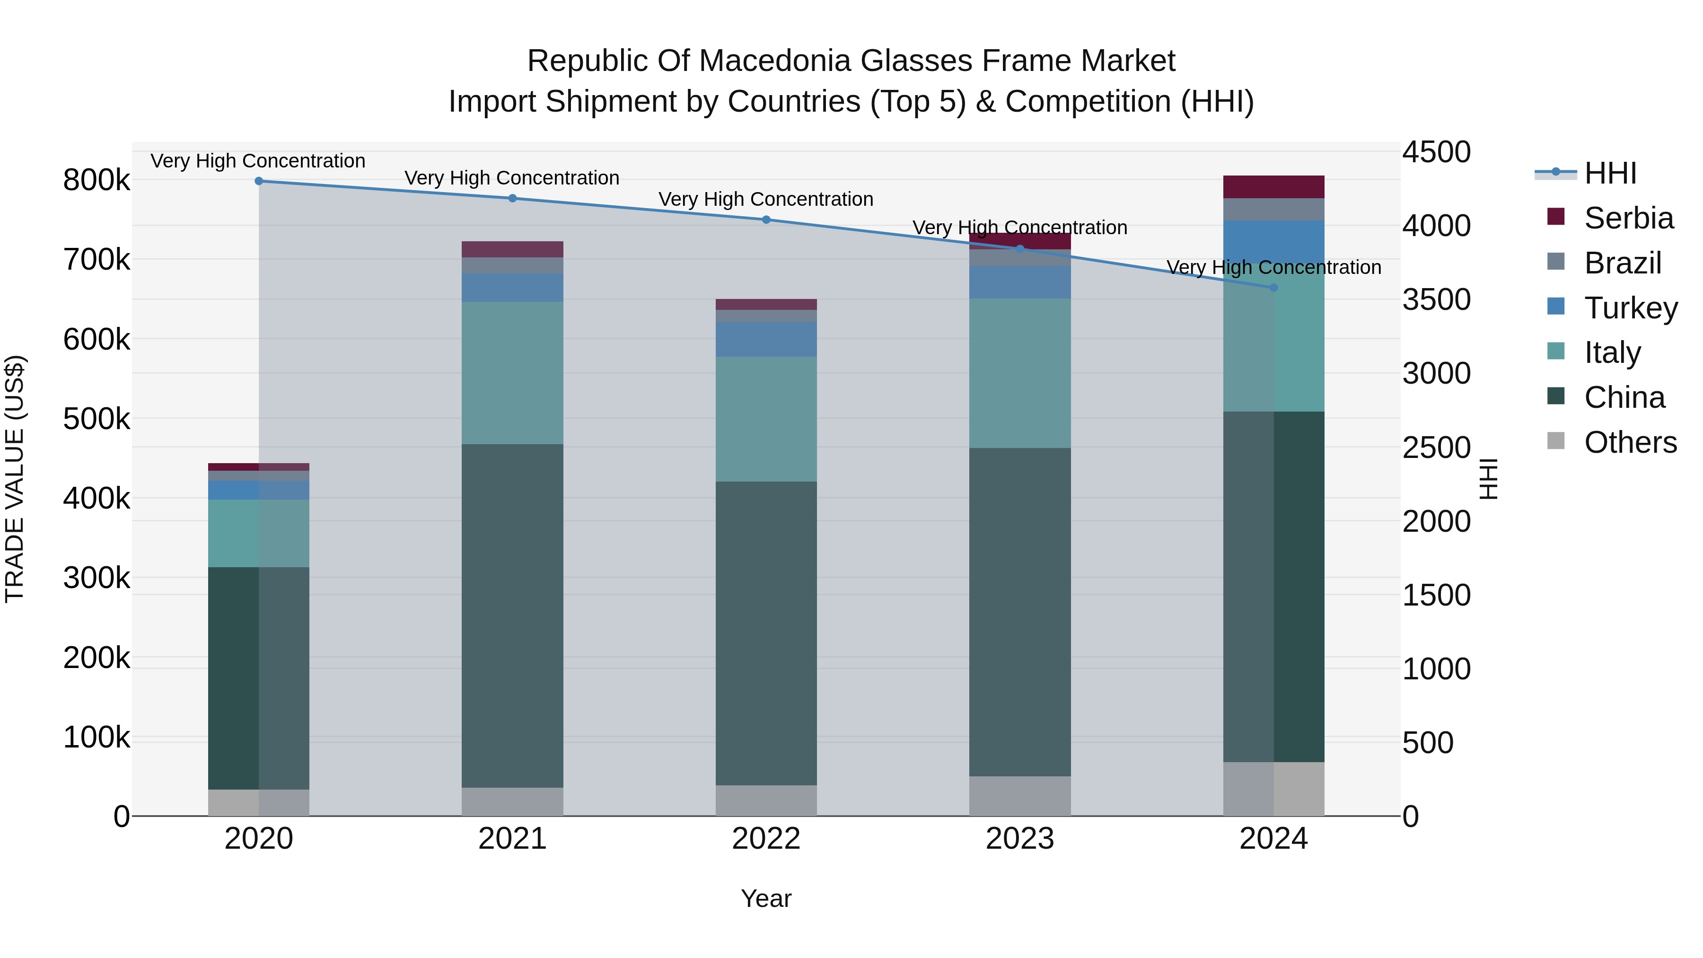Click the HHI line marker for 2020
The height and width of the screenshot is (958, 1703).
click(258, 181)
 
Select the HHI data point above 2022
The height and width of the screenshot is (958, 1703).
click(766, 220)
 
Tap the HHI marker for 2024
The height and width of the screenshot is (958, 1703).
click(1274, 288)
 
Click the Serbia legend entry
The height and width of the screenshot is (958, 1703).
click(1628, 218)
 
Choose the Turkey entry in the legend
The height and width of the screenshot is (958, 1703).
click(1630, 308)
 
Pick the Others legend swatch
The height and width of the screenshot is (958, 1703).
click(1556, 441)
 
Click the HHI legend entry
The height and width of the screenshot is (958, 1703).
click(1610, 173)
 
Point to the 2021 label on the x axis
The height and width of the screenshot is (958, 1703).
click(512, 839)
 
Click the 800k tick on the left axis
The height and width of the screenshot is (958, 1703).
click(97, 180)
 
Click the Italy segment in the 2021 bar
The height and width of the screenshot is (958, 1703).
click(512, 373)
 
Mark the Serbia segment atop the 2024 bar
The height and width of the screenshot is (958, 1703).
click(1274, 187)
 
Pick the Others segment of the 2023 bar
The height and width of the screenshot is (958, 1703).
click(1020, 796)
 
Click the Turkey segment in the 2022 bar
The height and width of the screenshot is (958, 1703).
click(766, 340)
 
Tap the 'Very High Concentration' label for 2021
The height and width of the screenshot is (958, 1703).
click(512, 178)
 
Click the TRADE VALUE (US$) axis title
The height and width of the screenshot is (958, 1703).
click(15, 479)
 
